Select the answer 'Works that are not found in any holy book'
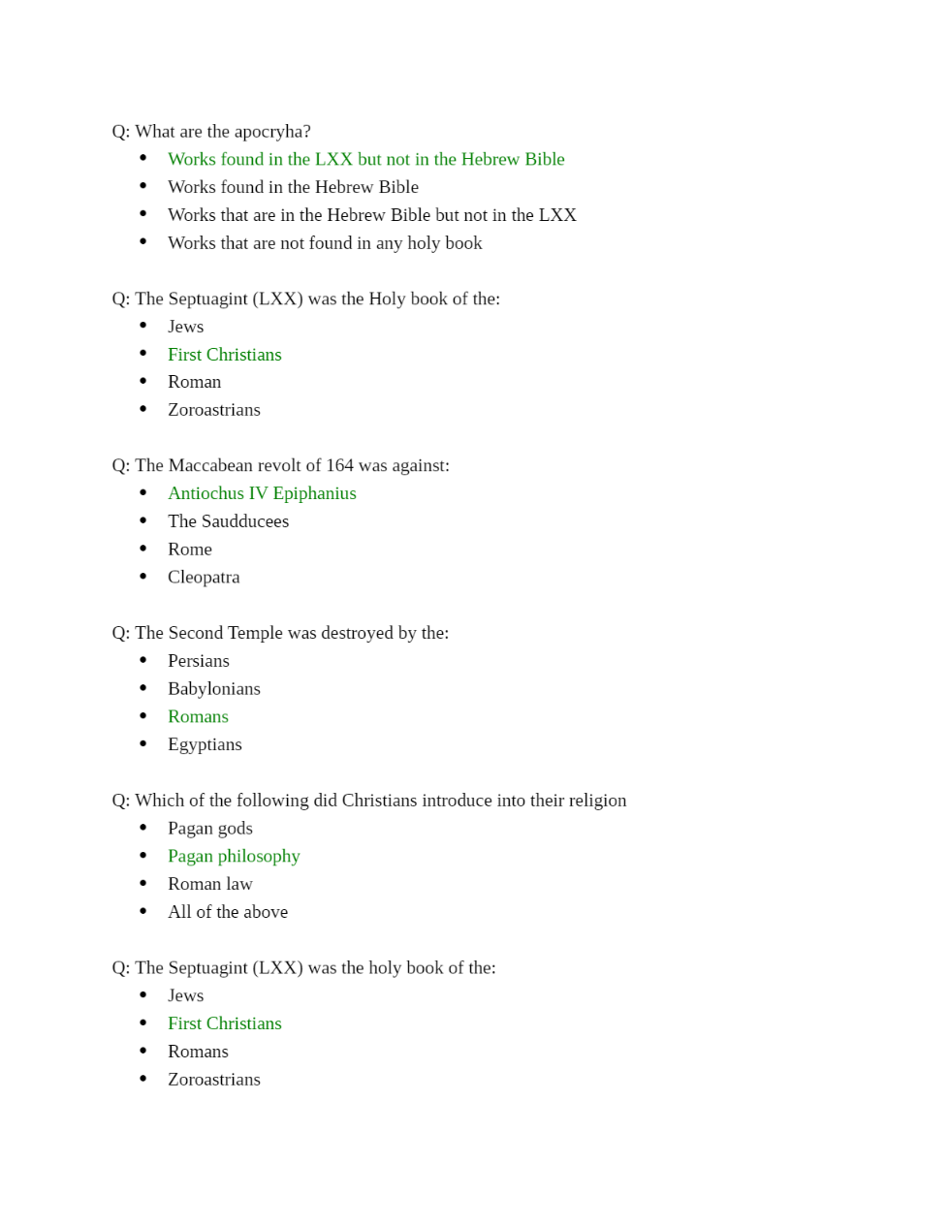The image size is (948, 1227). pos(325,243)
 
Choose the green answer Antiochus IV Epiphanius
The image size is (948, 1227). pos(262,493)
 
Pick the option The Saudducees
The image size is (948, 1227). pos(228,521)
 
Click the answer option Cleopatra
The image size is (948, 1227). pos(204,578)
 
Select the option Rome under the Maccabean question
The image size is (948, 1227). pos(190,550)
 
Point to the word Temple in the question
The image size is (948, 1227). pos(255,633)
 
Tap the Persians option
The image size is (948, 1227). pos(199,661)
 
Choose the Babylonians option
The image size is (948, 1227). pos(214,689)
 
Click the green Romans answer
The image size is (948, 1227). pos(198,717)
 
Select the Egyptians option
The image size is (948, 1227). pos(205,745)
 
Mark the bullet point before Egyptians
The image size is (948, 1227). pos(143,744)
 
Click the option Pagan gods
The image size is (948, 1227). pos(210,829)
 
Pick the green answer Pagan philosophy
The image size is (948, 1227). pos(234,857)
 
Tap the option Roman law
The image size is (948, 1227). pos(210,885)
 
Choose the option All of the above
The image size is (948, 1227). pos(228,913)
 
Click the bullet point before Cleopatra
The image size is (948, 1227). pos(143,577)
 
